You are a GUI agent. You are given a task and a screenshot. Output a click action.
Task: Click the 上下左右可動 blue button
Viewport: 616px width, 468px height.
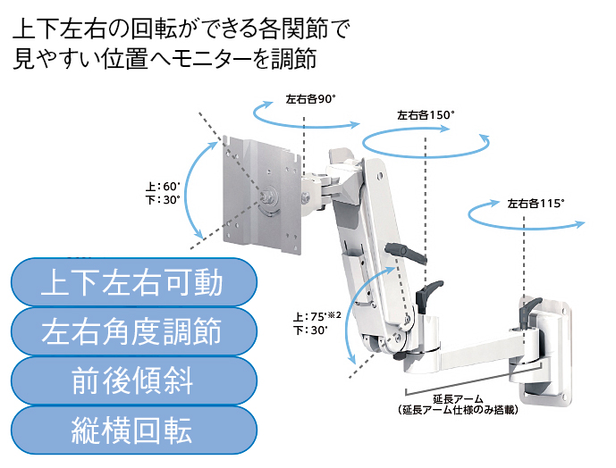coord(131,283)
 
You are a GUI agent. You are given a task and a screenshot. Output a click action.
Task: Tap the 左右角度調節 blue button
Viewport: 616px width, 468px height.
coord(131,332)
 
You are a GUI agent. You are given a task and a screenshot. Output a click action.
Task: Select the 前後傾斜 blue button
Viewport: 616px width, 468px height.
coord(131,381)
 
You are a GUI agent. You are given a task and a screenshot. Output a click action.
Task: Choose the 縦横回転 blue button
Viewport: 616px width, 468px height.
coord(131,430)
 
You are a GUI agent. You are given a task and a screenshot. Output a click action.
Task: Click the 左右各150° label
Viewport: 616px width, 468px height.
coord(426,115)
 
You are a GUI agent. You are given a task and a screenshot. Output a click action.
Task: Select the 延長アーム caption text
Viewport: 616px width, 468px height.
coord(458,398)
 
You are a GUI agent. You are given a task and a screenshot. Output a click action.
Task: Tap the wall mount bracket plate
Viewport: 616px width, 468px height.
coord(546,344)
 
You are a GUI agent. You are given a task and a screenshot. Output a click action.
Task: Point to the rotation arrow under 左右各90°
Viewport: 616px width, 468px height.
coord(305,114)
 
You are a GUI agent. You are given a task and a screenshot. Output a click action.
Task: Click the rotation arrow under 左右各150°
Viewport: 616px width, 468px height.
coord(427,141)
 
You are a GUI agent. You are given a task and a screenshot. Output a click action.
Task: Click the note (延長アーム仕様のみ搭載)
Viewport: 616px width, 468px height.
coord(459,410)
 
